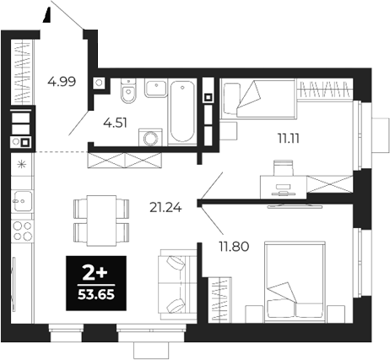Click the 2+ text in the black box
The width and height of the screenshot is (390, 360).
point(95,271)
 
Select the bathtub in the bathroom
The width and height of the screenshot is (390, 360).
point(181,112)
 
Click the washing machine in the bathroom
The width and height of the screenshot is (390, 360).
point(153,138)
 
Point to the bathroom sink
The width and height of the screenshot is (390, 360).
point(154,88)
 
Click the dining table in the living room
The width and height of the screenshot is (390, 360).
point(101,218)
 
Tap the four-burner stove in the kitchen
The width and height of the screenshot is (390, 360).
point(22,233)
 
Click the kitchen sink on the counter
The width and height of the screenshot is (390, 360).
point(21,202)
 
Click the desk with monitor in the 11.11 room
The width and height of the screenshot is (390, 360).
point(284,181)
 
